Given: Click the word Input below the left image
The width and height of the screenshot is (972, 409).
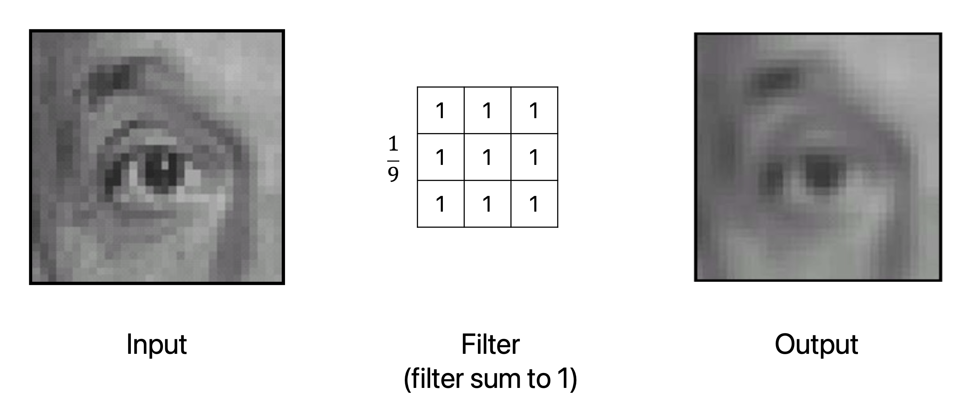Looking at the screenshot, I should [156, 344].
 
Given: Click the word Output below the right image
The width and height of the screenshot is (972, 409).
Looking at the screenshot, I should [816, 344].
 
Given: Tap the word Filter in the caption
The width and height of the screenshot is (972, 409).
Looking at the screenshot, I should [490, 344].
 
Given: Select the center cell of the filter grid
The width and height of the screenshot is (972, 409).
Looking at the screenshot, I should [487, 157].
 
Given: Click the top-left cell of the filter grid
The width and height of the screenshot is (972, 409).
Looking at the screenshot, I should [440, 110].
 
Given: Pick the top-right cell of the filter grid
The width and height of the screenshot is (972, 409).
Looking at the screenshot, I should [534, 110].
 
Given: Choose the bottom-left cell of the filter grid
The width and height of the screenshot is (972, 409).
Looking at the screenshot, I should [440, 204].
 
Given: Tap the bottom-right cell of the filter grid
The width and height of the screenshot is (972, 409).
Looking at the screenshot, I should [534, 204].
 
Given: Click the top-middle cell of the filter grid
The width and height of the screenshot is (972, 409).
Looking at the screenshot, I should [487, 110].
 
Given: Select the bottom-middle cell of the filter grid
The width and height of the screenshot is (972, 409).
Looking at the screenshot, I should [487, 204].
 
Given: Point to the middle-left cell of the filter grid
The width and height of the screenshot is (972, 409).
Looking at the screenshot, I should [440, 157].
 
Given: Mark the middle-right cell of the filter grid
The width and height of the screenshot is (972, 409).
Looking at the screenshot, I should [534, 157].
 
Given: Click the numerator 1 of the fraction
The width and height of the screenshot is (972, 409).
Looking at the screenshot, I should [393, 144].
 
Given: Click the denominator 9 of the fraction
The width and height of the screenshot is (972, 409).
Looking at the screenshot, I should [393, 174].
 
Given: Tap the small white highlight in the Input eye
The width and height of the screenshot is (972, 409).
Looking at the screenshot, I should [165, 165].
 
